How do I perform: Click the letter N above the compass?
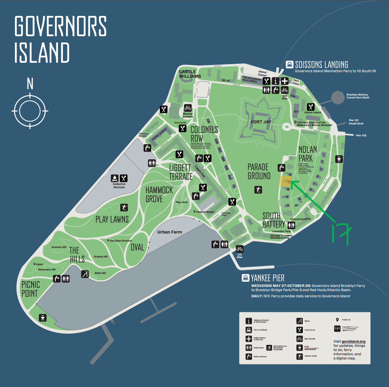click(x=30, y=84)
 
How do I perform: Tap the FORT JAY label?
click(x=261, y=122)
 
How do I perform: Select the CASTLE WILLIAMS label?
click(x=190, y=74)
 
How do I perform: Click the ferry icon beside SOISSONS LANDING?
click(x=289, y=65)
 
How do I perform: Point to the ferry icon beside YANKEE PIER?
click(x=245, y=278)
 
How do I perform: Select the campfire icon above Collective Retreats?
click(x=114, y=178)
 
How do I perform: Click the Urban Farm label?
click(x=169, y=232)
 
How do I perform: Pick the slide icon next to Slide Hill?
click(x=85, y=274)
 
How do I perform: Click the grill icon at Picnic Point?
click(x=43, y=318)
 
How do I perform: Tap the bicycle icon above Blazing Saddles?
click(x=188, y=108)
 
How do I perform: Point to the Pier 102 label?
click(x=361, y=135)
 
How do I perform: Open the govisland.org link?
click(x=353, y=341)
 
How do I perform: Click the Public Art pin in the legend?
click(x=337, y=320)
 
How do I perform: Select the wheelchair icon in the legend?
click(x=269, y=348)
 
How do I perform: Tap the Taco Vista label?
click(x=296, y=82)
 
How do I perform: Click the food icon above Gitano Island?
click(x=311, y=107)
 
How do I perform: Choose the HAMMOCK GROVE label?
click(x=159, y=194)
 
